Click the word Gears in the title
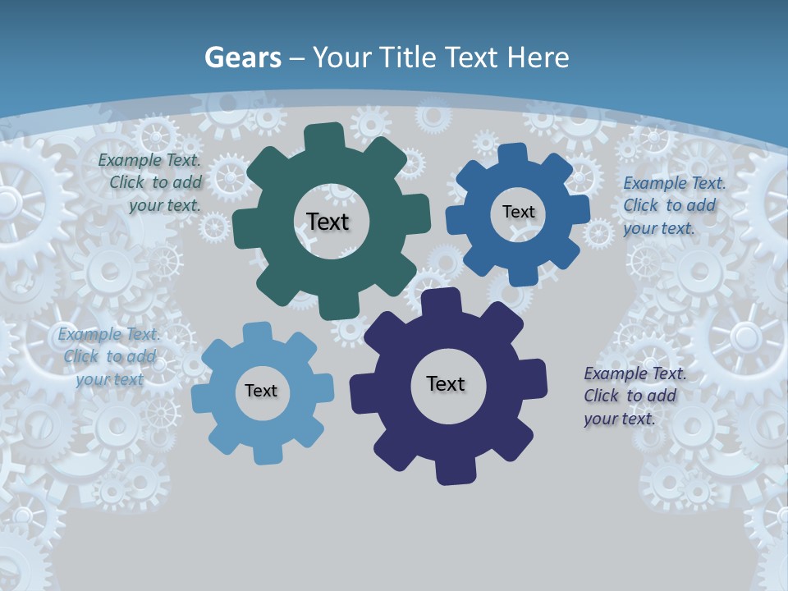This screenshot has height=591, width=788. point(242,57)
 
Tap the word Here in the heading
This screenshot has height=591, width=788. point(538,57)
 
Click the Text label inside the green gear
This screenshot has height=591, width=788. point(328,222)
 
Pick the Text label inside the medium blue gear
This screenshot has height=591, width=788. point(518,212)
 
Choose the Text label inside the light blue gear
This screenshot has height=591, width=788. point(261,391)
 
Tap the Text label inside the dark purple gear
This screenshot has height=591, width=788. point(446,383)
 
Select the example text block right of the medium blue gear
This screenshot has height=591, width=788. point(673,205)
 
